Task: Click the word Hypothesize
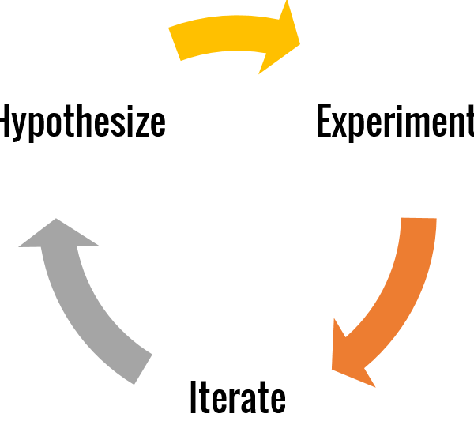coord(82,123)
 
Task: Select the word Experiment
coord(396,123)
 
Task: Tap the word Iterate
coord(238,397)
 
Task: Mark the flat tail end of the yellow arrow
coord(175,44)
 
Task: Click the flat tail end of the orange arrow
coord(419,218)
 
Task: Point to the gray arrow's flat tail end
coord(143,369)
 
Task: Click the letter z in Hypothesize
coord(144,127)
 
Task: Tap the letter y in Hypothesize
coord(20,130)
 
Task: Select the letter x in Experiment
coord(341,127)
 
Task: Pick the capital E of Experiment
coord(325,121)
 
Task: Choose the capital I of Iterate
coord(193,397)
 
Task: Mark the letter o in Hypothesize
coord(54,127)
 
